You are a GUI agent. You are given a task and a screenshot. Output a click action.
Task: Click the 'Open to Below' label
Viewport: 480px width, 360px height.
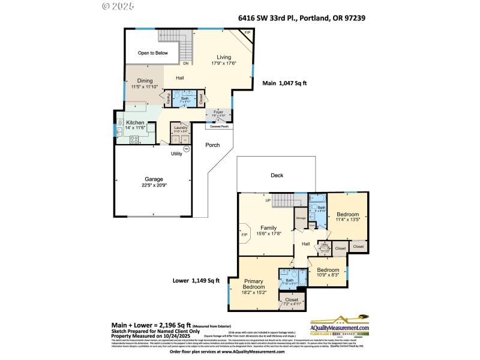pyautogui.click(x=152, y=53)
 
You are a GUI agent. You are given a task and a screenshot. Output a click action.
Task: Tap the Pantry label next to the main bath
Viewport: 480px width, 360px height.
pyautogui.click(x=169, y=98)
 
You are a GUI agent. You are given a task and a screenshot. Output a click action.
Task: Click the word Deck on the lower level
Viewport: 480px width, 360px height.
pyautogui.click(x=277, y=175)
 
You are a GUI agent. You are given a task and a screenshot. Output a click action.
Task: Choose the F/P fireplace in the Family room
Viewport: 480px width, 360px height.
pyautogui.click(x=244, y=235)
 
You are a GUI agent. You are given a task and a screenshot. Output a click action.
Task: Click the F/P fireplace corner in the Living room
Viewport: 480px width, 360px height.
pyautogui.click(x=247, y=32)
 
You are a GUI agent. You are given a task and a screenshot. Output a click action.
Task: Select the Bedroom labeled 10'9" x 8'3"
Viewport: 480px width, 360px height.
pyautogui.click(x=328, y=272)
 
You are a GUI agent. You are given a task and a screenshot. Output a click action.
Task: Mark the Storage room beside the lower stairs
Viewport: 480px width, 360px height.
pyautogui.click(x=301, y=218)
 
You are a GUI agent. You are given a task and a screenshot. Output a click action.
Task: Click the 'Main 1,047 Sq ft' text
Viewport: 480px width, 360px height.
pyautogui.click(x=284, y=85)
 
